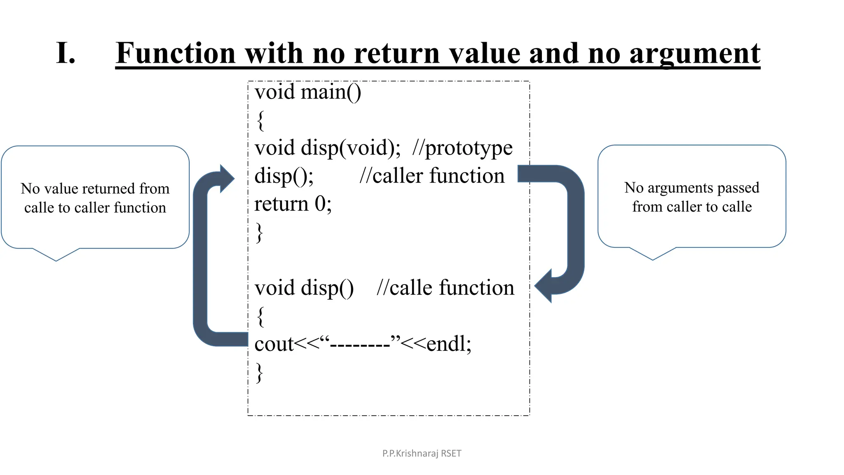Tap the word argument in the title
pos(695,54)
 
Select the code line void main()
pos(308,92)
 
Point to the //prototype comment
pos(462,148)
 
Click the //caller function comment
pos(432,176)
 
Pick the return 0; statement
pos(293,204)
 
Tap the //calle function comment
pos(445,288)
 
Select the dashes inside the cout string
pos(360,344)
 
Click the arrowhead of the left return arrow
pos(226,179)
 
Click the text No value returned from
pos(95,188)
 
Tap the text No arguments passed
pos(692,188)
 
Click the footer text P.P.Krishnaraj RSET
pos(422,454)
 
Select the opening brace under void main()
pos(260,120)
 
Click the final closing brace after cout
pos(259,372)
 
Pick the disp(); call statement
pos(284,176)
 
